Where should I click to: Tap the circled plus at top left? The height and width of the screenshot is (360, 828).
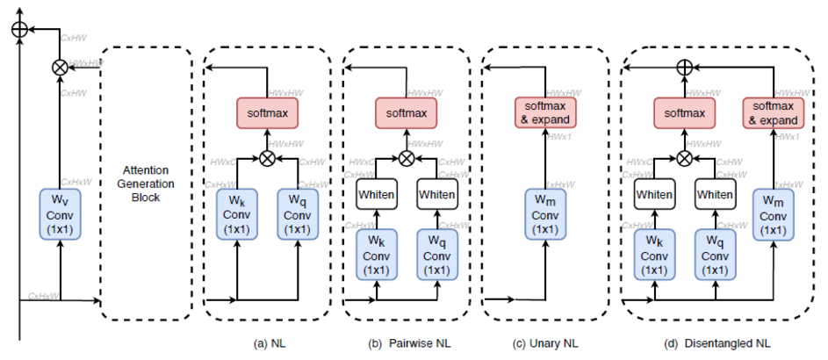18,30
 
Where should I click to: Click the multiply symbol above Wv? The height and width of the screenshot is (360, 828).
60,65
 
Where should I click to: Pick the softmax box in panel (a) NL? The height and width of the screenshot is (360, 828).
268,113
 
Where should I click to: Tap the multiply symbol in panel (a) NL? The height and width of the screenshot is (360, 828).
268,159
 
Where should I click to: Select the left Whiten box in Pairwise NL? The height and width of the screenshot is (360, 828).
377,194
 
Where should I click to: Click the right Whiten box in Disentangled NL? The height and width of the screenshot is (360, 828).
715,194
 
